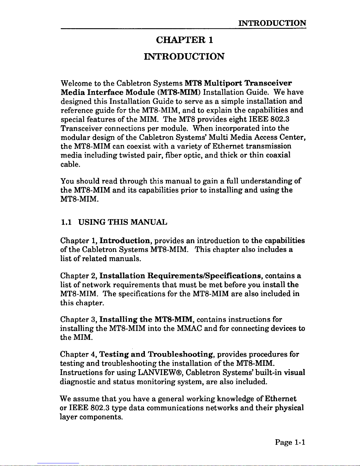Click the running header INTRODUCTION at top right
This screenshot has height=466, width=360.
[272, 23]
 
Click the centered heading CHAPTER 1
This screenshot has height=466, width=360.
[184, 40]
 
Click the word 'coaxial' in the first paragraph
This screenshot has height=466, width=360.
[278, 155]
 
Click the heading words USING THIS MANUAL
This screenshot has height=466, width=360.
[123, 222]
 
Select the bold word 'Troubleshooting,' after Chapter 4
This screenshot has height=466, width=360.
[181, 355]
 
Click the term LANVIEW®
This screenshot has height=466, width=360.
[160, 373]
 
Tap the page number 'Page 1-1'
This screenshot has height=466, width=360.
[290, 442]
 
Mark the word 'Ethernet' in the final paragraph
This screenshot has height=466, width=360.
[280, 399]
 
